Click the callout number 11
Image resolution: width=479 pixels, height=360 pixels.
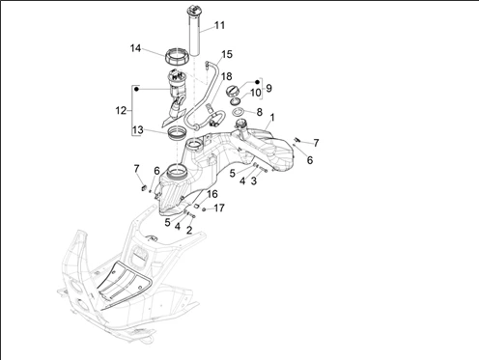[x=220, y=25]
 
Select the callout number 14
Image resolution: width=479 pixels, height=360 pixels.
[x=135, y=48]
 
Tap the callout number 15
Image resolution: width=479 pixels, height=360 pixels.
[x=227, y=54]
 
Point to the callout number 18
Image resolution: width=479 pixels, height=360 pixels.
[x=227, y=76]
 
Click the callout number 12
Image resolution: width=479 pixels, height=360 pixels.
[x=121, y=111]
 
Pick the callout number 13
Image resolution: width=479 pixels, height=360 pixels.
[x=137, y=130]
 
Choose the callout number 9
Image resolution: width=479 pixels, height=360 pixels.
[x=268, y=88]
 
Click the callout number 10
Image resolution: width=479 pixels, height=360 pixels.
[x=255, y=93]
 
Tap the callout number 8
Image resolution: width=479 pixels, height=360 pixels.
[x=260, y=112]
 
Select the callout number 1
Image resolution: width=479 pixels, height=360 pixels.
[x=272, y=118]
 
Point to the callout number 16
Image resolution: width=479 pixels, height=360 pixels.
[x=212, y=194]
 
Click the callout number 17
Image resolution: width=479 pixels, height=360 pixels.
[x=219, y=208]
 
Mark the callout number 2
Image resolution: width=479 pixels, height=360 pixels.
[x=189, y=230]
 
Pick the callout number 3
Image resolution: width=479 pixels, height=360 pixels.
[x=254, y=180]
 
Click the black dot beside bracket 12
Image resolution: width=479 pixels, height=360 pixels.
[x=136, y=89]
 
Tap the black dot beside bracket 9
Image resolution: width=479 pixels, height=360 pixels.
[x=257, y=82]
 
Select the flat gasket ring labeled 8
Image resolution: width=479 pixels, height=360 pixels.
[x=239, y=113]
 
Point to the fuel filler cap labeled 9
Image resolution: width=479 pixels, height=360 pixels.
[x=232, y=90]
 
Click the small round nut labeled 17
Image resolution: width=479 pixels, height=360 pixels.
[x=204, y=209]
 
